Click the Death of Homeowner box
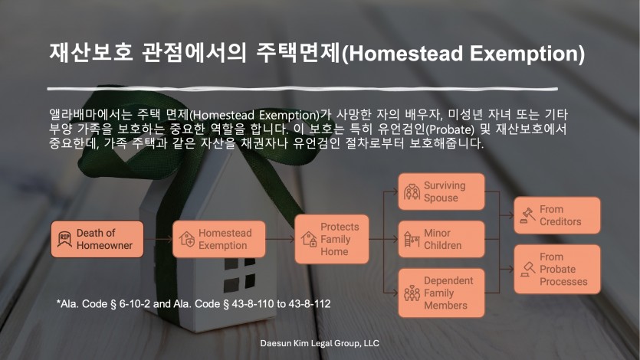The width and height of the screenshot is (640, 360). click(97, 239)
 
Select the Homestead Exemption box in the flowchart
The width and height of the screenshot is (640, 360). click(218, 239)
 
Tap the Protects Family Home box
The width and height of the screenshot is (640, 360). click(331, 239)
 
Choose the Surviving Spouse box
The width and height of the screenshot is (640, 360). click(441, 191)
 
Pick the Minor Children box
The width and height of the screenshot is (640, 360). click(441, 239)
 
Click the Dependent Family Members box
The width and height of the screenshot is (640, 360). click(441, 293)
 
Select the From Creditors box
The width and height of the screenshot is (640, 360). click(557, 215)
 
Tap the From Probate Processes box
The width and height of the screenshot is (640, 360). click(557, 269)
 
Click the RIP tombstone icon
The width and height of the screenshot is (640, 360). click(64, 239)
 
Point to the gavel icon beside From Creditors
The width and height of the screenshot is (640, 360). click(528, 215)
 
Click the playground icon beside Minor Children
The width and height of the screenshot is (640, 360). click(412, 239)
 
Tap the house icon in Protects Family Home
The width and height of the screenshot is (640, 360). click(309, 239)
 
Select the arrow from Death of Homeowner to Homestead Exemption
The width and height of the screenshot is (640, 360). click(158, 239)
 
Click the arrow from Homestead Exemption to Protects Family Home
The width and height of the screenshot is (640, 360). click(280, 239)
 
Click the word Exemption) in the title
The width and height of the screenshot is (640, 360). click(527, 54)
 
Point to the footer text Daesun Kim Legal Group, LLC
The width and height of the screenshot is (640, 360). click(320, 343)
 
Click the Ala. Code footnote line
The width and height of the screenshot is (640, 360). click(193, 304)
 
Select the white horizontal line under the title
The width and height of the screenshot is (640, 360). click(303, 89)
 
